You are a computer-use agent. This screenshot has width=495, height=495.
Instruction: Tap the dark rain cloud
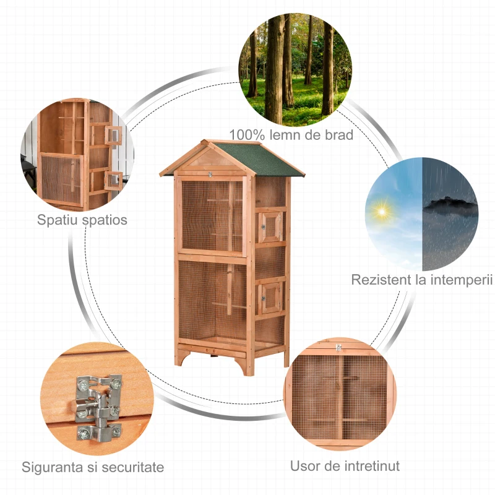pos(450,205)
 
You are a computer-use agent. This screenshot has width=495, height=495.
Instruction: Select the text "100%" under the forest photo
pos(246,134)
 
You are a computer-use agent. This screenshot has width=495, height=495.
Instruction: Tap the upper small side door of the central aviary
pos(270,226)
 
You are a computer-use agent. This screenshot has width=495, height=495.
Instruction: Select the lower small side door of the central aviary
pos(270,297)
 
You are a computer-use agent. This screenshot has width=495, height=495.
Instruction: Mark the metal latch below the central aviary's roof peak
pos(210,175)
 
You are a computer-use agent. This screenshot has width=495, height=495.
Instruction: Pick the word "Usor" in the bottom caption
pos(306,465)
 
